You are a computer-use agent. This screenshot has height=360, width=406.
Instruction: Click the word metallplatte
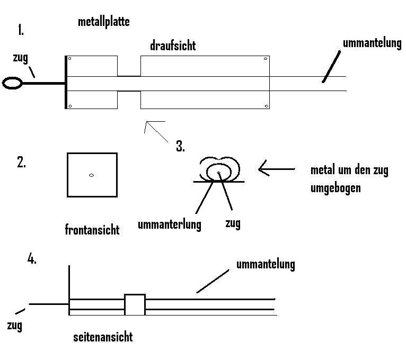point(103,22)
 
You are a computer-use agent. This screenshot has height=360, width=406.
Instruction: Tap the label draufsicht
point(172,46)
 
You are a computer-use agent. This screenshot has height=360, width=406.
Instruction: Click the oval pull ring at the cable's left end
point(13,83)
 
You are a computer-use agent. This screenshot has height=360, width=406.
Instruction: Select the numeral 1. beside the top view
point(21,30)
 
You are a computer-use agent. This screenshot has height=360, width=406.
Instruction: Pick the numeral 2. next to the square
point(22,163)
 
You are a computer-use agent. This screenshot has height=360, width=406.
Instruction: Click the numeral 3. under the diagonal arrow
point(180,147)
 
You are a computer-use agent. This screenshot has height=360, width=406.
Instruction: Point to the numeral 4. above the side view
point(32,259)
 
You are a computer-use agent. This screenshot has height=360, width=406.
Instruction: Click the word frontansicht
point(92,230)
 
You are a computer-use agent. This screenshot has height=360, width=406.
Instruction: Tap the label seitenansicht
point(102,337)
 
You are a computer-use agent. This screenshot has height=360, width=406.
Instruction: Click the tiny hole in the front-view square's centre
point(92,175)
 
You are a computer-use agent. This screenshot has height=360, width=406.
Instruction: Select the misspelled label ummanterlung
point(169,224)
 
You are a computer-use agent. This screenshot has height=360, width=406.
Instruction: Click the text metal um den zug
point(349,170)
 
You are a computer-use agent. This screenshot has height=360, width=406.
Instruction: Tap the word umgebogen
point(336,187)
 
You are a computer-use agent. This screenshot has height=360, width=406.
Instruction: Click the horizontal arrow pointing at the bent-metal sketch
point(276,169)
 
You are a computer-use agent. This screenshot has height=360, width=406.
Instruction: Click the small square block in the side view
point(135,304)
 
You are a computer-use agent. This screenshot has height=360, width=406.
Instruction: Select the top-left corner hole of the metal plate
point(70,59)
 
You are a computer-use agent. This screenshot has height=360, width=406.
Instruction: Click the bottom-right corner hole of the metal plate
point(265,106)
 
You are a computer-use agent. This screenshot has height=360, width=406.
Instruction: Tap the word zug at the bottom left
point(15,325)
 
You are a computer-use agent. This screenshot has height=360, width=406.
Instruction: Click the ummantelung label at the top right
point(372,43)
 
